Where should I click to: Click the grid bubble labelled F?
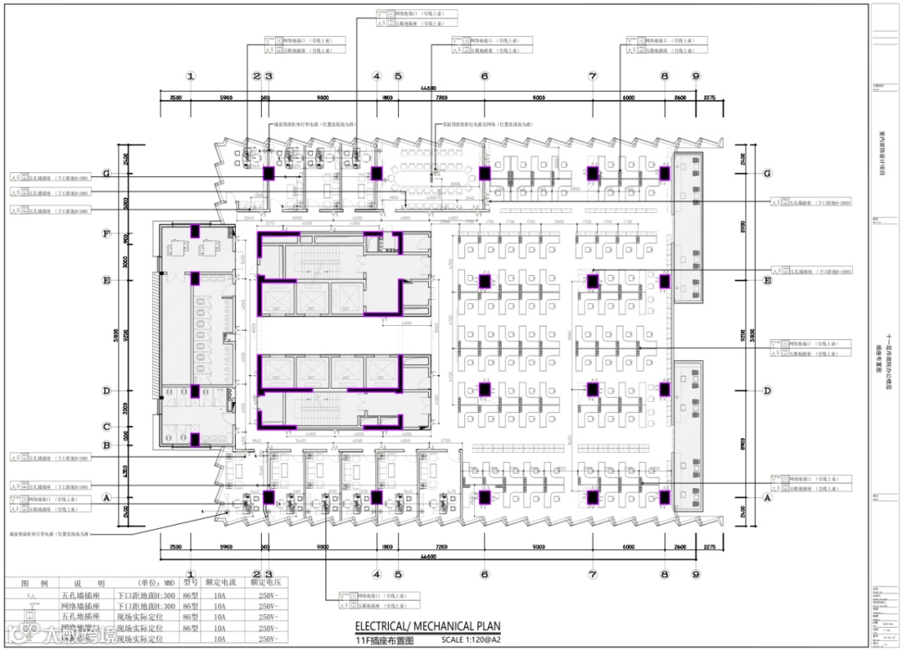[106, 234]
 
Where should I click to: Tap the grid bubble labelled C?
[106, 426]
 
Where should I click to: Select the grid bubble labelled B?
[106, 445]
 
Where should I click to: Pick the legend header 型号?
[190, 583]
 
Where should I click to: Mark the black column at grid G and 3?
[269, 174]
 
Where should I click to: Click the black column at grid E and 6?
[484, 281]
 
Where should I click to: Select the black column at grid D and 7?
[593, 389]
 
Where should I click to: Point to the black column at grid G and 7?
[593, 173]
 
